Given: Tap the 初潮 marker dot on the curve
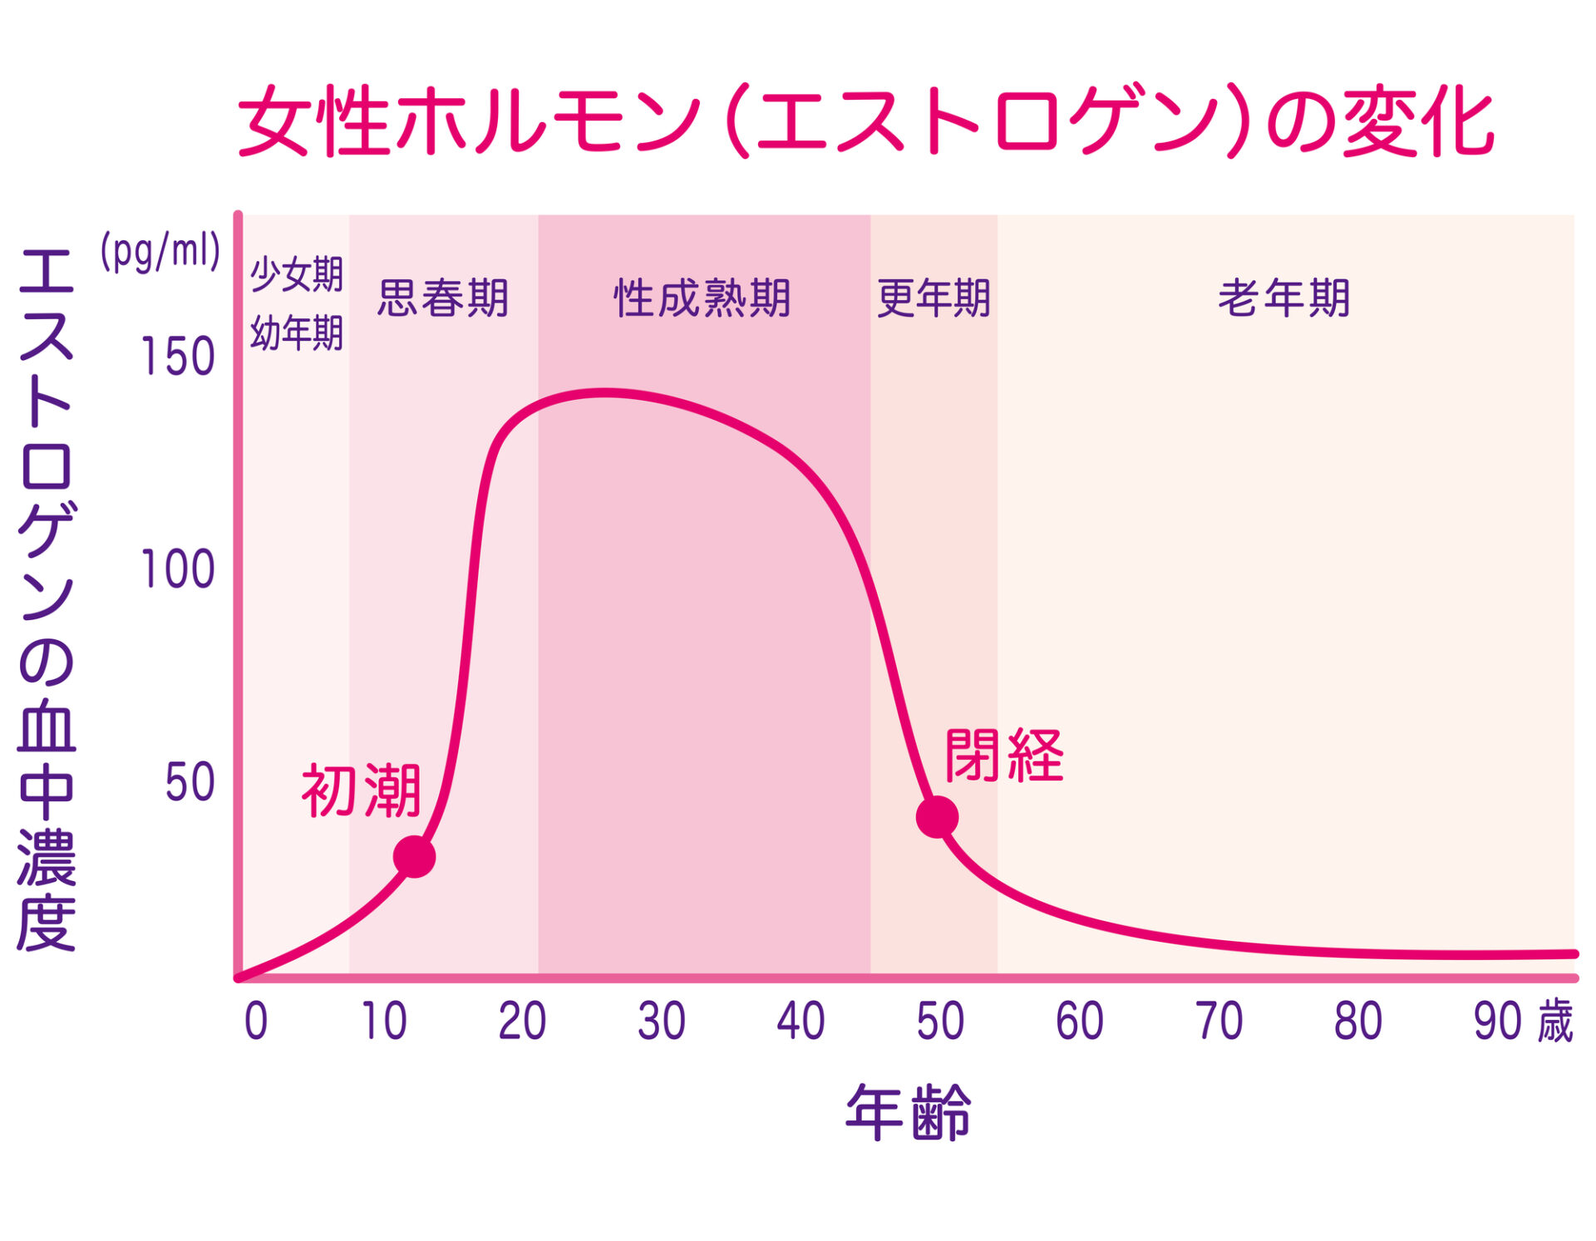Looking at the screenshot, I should coord(414,856).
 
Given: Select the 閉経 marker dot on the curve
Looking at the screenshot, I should coord(937,816).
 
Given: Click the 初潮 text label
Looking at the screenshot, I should coord(362,790).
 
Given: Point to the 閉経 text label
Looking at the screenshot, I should coord(1004,756).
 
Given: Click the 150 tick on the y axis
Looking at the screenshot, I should coord(178,357).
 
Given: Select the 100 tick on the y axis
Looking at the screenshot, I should coord(178,570).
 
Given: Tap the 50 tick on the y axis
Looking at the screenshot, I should coord(190,782).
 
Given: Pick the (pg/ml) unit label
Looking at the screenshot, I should coord(160,250).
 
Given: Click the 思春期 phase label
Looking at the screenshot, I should coord(443,298).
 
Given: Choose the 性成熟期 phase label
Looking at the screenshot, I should coord(702,298).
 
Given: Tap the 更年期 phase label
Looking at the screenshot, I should coord(933,298).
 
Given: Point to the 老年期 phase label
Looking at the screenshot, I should coord(1284,298).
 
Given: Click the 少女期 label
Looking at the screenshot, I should coord(297,274).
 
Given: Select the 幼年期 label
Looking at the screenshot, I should coord(297,333).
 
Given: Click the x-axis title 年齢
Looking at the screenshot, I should coord(908,1112).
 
